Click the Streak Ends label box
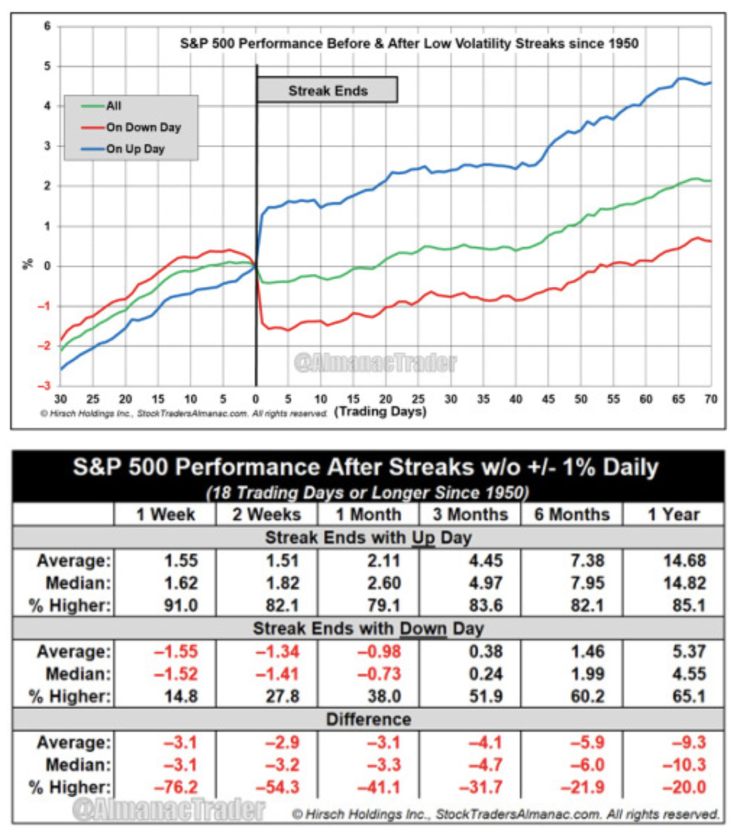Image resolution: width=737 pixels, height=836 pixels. tap(327, 91)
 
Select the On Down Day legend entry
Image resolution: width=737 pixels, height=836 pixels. tap(143, 128)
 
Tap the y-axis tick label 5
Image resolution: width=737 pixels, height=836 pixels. tap(48, 66)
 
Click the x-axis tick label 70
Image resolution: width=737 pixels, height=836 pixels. tap(711, 398)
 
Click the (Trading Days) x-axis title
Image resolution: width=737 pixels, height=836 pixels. tap(380, 411)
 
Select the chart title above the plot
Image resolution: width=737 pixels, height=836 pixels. tap(409, 43)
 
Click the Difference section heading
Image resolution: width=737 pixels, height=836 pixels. tap(368, 719)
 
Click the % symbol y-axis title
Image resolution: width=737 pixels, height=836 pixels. tap(28, 264)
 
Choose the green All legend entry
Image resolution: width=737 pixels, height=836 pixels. tap(114, 106)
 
